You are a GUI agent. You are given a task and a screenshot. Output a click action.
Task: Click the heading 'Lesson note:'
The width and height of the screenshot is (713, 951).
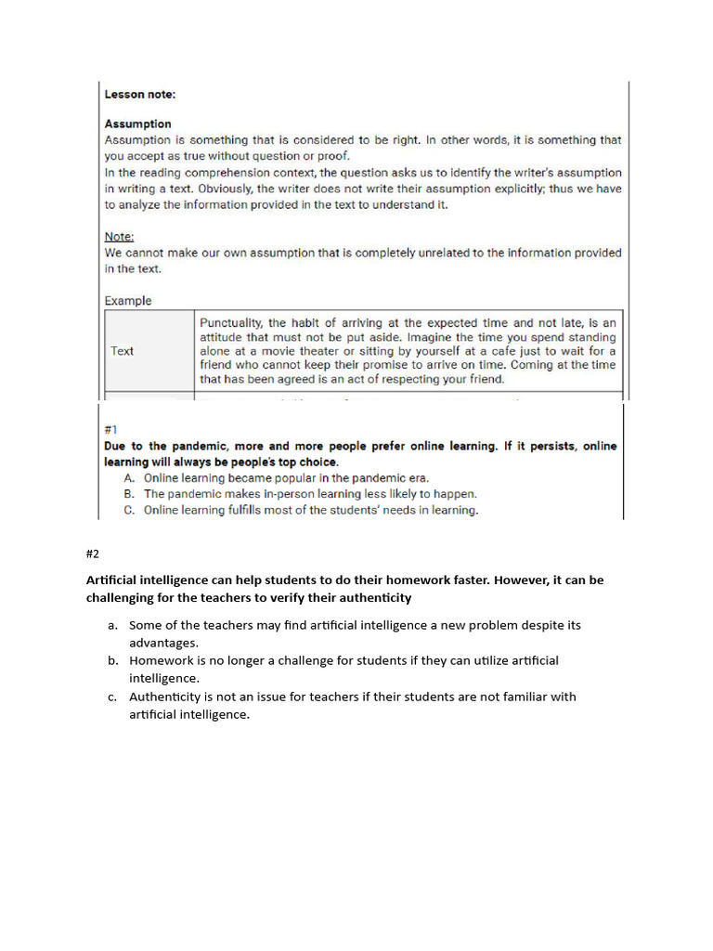point(139,94)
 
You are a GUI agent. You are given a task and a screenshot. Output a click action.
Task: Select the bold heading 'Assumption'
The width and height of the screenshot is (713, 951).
point(137,124)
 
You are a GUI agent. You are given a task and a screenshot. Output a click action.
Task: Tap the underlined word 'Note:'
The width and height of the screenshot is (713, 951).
point(119,237)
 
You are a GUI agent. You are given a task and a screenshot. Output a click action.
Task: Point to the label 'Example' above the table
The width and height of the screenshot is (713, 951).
point(127,301)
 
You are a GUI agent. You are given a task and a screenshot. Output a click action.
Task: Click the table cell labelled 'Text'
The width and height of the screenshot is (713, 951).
point(122,351)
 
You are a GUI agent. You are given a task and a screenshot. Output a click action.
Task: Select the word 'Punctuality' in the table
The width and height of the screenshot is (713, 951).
point(231,323)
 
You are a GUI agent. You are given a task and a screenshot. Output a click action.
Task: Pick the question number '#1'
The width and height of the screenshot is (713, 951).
point(111,430)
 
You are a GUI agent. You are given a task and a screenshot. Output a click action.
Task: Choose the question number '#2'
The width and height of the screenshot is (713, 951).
point(92,554)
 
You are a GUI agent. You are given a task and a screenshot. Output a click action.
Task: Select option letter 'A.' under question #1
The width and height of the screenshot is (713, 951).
point(129,478)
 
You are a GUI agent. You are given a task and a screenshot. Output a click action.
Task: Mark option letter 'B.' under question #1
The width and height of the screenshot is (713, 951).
point(129,494)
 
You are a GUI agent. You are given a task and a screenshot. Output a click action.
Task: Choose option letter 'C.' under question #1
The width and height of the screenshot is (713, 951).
point(129,510)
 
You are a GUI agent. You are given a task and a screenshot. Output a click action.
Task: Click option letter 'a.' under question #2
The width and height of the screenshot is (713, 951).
point(112,625)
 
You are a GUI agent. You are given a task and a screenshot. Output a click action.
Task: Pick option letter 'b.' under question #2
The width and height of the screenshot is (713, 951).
point(112,660)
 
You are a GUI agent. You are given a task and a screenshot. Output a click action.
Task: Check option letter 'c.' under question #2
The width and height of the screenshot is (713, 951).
point(112,697)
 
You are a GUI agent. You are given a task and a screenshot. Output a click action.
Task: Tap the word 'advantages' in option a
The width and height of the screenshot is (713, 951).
point(162,643)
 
